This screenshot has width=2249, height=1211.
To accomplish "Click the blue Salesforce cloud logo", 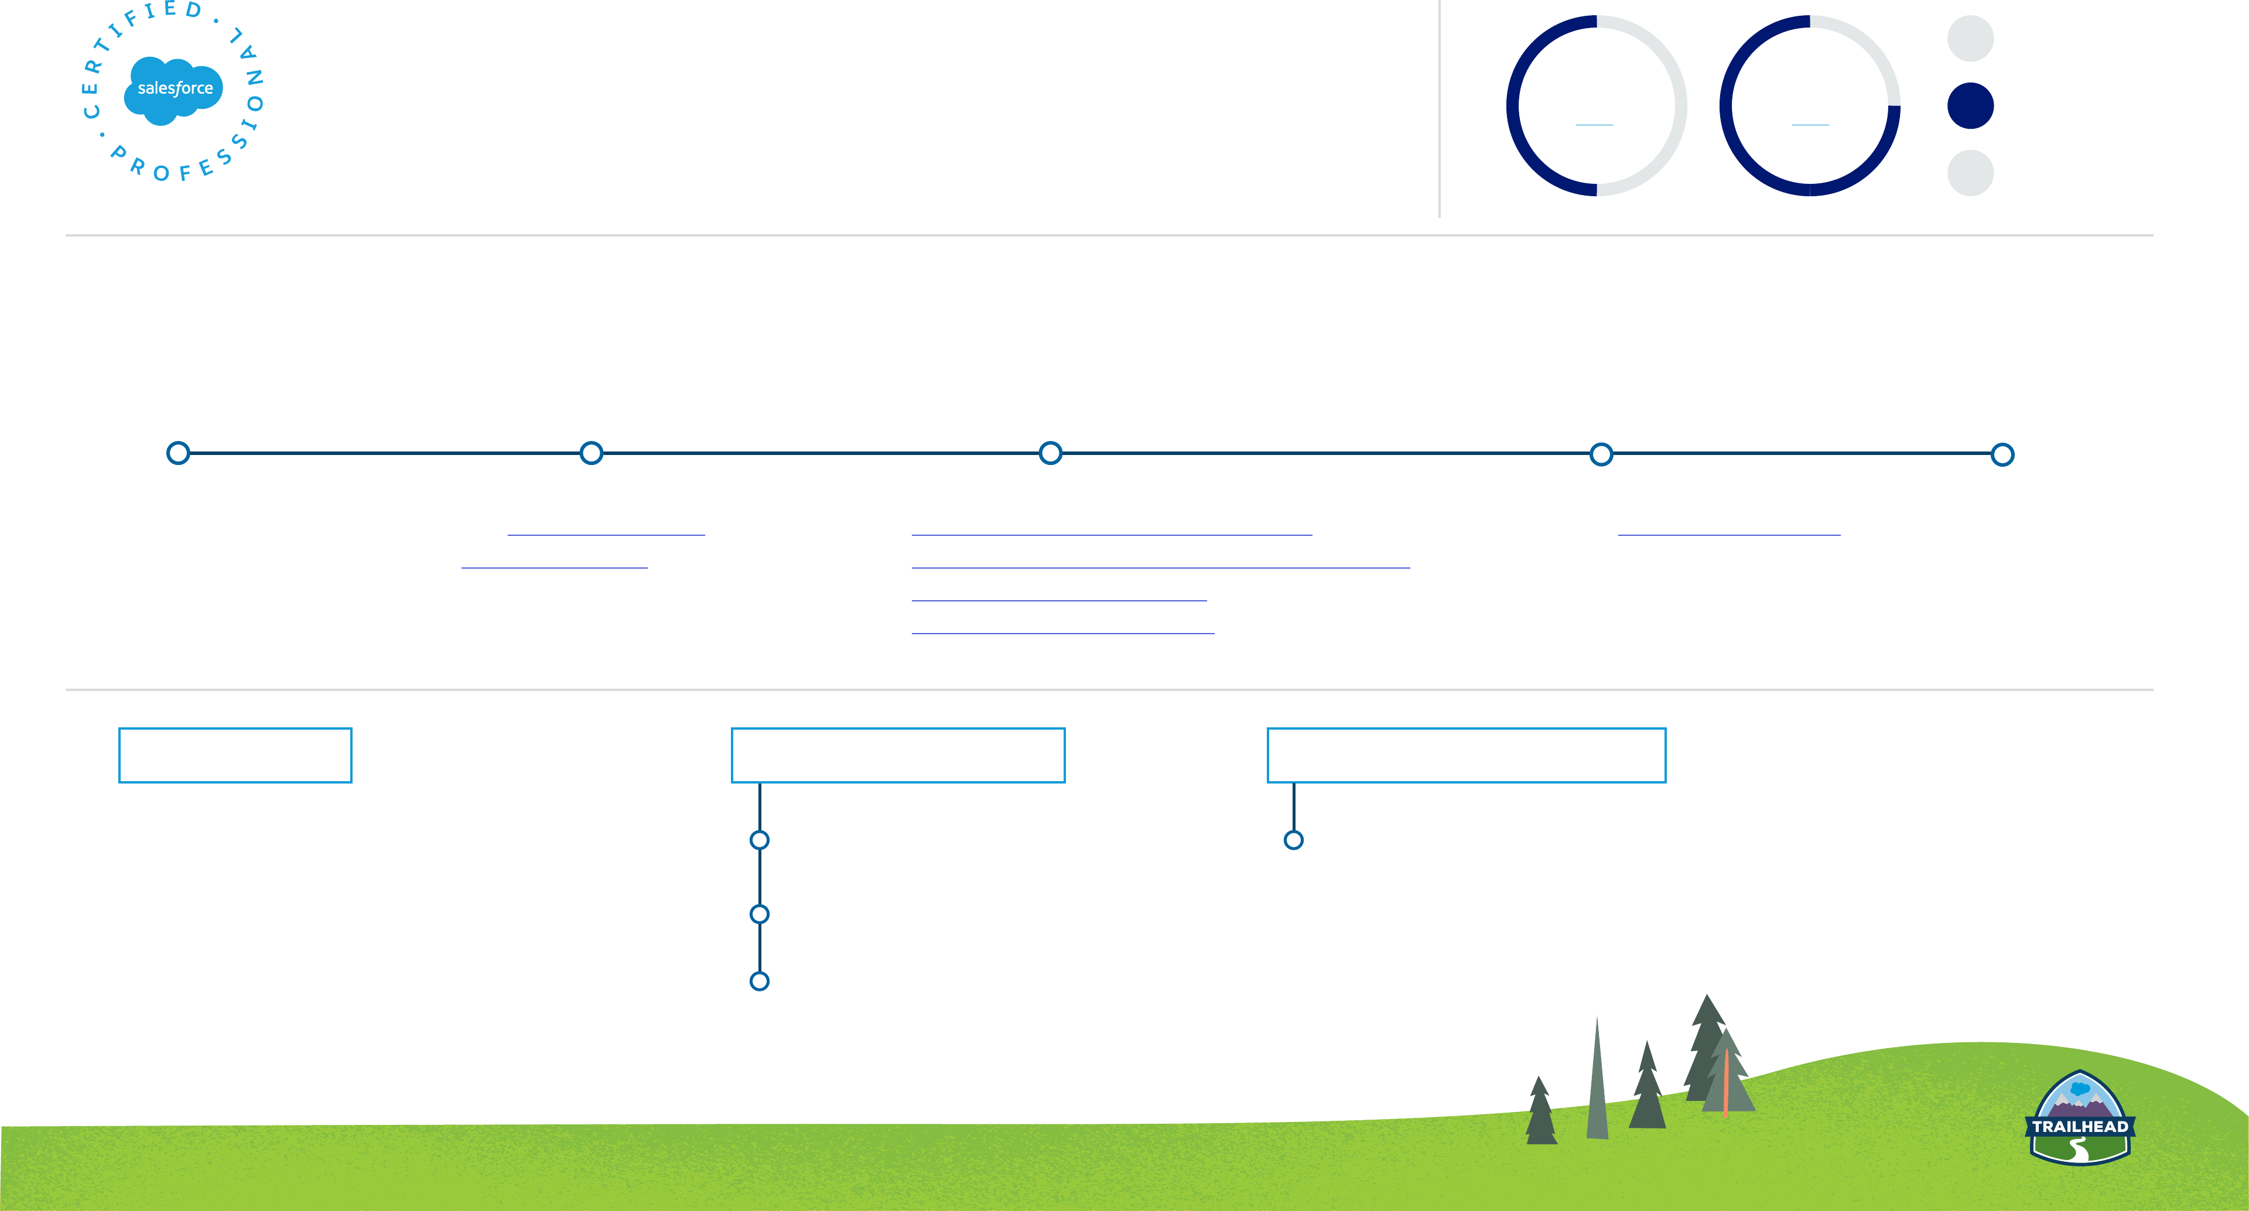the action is [174, 89].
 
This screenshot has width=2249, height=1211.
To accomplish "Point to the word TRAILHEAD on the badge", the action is [2080, 1126].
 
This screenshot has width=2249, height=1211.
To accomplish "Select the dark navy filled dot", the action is [1970, 105].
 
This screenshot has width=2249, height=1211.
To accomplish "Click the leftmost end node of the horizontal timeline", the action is [178, 453].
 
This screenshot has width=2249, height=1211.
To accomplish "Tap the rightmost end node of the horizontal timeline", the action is [2002, 454].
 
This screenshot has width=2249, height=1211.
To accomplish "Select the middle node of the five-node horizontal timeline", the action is [1050, 453].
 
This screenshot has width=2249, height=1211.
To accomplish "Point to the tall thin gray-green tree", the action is [1597, 1083].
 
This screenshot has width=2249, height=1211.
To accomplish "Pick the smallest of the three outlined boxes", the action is [235, 755].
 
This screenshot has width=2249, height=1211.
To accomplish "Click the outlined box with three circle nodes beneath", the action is [897, 755].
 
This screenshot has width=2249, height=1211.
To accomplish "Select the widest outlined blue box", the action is [1466, 755].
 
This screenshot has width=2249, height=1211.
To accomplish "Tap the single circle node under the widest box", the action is [1293, 840].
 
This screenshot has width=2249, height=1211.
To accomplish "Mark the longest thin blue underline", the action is [1160, 567].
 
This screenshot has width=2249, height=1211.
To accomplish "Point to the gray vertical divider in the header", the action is [1439, 109].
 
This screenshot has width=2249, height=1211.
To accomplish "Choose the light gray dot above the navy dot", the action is [1970, 39].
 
